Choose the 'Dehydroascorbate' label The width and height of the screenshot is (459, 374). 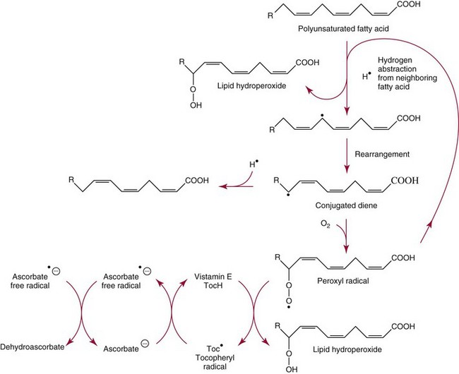click(36, 348)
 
